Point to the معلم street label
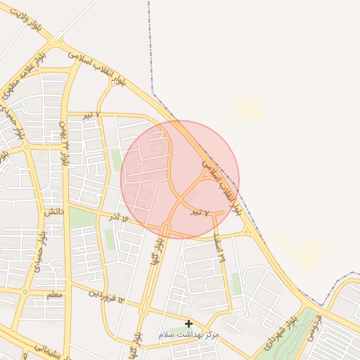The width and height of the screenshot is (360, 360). pyautogui.click(x=53, y=294)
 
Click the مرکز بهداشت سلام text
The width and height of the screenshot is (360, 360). pyautogui.click(x=188, y=335)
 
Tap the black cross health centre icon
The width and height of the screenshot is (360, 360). pyautogui.click(x=188, y=323)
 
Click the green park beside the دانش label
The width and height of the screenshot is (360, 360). pyautogui.click(x=81, y=218)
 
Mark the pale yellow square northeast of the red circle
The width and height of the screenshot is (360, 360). pyautogui.click(x=248, y=109)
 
